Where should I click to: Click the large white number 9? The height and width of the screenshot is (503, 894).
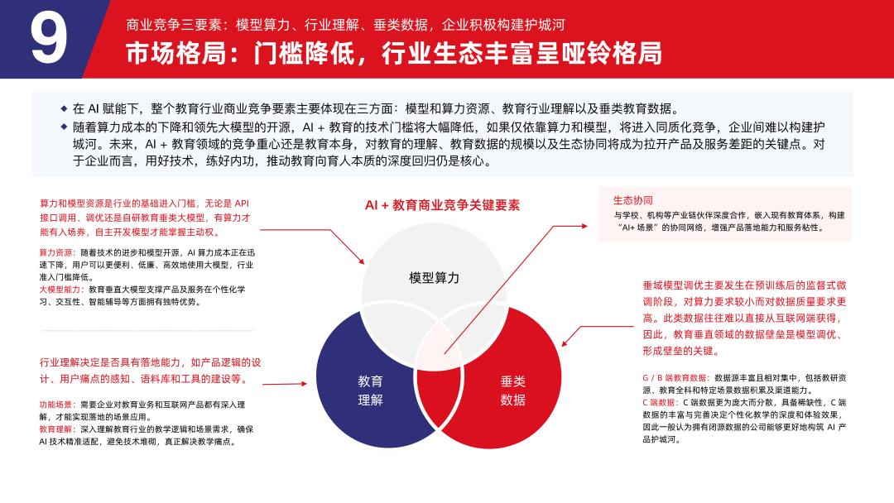click(49, 38)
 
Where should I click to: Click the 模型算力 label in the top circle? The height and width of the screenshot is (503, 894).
click(434, 278)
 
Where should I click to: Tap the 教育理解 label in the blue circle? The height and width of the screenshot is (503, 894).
click(370, 390)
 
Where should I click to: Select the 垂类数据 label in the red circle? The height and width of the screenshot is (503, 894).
click(512, 390)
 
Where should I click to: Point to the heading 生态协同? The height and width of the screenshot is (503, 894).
click(633, 200)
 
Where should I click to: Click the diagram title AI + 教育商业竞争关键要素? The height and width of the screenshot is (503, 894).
click(442, 205)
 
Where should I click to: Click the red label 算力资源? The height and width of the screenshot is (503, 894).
click(57, 252)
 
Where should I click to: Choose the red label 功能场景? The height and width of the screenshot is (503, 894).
click(57, 405)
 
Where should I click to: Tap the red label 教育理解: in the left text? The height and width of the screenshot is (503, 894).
click(57, 429)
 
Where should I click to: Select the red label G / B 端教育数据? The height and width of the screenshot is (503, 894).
click(676, 378)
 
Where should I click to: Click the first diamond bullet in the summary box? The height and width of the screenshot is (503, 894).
click(64, 108)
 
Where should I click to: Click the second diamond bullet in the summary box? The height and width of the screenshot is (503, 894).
click(64, 127)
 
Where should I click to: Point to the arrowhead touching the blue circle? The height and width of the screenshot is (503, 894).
click(304, 383)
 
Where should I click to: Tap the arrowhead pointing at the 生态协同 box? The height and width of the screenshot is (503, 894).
click(584, 226)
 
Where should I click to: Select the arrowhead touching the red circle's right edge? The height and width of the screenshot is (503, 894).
click(564, 343)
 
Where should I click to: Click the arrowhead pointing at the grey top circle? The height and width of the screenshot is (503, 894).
click(362, 261)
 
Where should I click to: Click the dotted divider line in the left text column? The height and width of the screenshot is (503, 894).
click(148, 330)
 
